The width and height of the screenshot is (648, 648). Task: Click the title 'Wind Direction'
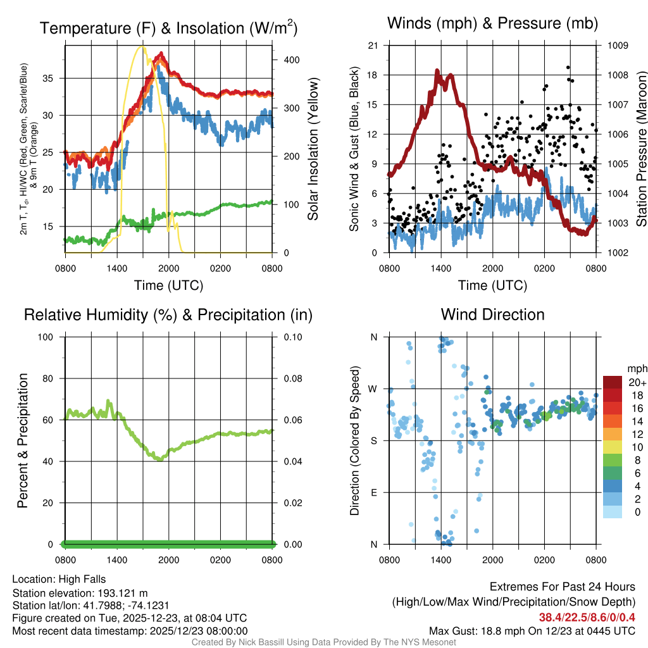492,315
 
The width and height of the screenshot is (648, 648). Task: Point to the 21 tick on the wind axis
373,46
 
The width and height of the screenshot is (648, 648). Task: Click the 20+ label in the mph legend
637,382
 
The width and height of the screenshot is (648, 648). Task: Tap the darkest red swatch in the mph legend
613,382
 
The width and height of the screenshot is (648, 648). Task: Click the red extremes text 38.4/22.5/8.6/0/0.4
587,617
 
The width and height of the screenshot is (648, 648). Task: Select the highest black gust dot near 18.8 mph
568,67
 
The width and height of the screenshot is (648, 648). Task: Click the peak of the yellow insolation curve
142,46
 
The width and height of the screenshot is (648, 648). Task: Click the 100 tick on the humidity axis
51,337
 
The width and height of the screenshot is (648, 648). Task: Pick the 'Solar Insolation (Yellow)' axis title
313,149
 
